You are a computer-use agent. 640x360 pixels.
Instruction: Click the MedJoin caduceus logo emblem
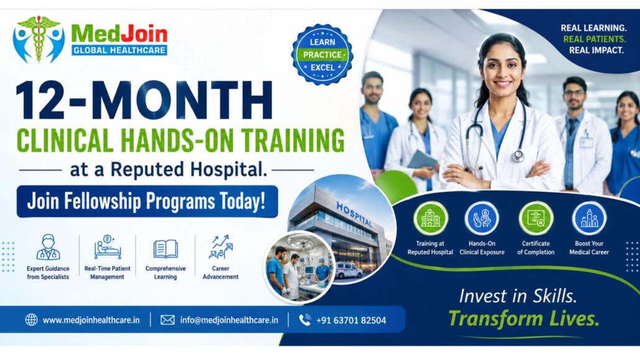[39, 39]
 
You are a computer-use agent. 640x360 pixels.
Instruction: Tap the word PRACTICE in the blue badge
[322, 55]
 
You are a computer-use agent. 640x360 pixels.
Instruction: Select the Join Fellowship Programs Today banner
[147, 201]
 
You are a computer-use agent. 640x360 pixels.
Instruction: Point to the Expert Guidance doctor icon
[48, 247]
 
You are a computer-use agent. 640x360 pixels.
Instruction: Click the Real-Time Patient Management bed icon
[107, 247]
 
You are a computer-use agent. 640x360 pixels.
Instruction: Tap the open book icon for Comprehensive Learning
[165, 249]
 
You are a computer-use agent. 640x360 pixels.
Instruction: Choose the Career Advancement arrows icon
[221, 247]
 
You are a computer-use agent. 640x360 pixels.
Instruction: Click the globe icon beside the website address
[32, 320]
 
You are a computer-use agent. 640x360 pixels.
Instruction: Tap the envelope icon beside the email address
[167, 320]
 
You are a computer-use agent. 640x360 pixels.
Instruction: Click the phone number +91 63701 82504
[351, 320]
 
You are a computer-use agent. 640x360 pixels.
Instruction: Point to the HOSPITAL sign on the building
[354, 214]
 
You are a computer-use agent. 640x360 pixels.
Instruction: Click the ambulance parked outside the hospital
[348, 270]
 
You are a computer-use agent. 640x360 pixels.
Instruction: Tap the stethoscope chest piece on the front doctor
[518, 155]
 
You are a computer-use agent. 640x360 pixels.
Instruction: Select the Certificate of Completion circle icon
[536, 219]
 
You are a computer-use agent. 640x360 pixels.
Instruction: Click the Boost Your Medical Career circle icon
[589, 219]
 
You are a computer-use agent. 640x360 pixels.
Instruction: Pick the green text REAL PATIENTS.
[594, 39]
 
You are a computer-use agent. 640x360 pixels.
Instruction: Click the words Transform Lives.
[524, 319]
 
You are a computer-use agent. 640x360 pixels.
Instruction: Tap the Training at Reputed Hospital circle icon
[430, 219]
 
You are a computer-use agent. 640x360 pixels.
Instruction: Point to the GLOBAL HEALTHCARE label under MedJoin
[119, 50]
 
